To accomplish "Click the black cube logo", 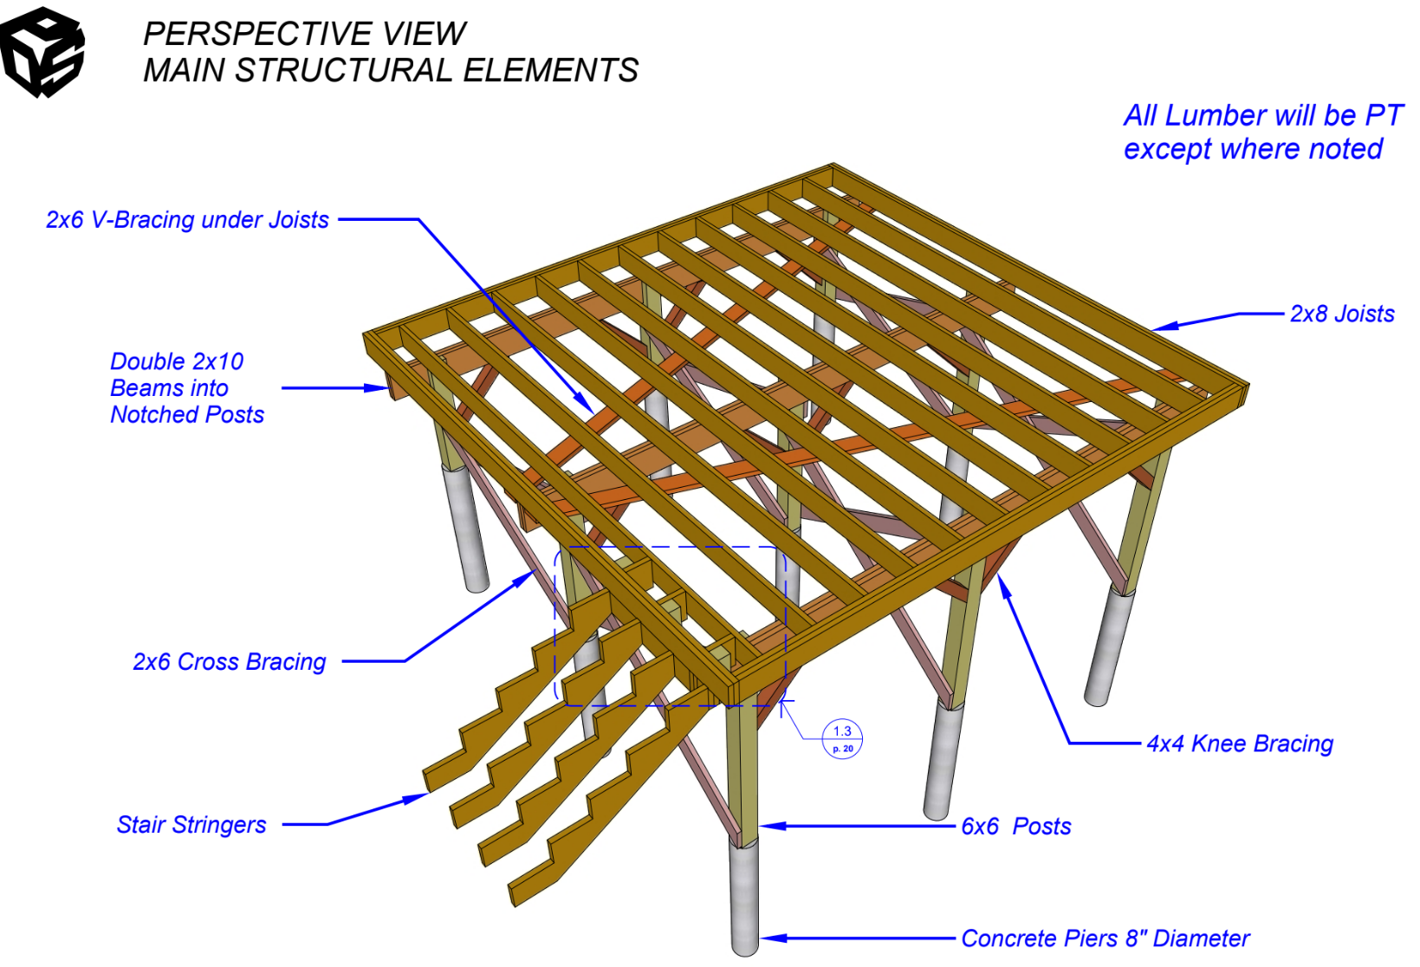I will coord(42,52).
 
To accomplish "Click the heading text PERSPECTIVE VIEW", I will coord(304,34).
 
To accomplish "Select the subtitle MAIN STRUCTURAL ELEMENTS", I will coord(391,70).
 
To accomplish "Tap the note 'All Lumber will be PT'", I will coord(1262,115).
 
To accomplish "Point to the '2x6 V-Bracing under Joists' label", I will coord(187,220).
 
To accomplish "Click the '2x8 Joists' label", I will coord(1342,314).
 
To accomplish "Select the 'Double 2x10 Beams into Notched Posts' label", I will coord(186,388).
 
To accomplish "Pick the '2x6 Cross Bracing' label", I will coord(229,662).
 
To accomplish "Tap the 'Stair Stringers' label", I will coord(191,825).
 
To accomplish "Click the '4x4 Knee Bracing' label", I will coord(1240,743).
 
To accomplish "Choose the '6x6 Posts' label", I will coord(1015,827).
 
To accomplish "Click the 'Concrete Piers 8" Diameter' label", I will coord(1106,938).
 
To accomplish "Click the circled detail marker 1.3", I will coord(842,739).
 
